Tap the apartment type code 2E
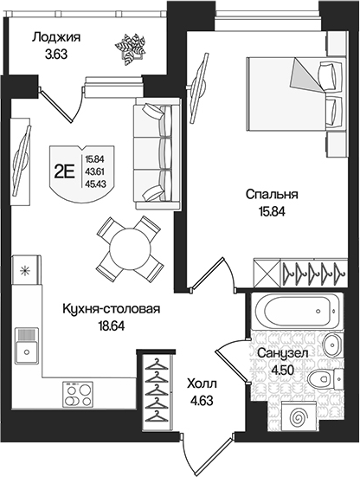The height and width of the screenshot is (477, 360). click(x=63, y=171)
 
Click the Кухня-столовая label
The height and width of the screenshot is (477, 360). click(x=100, y=307)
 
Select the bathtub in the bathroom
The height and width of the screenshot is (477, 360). click(x=293, y=312)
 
